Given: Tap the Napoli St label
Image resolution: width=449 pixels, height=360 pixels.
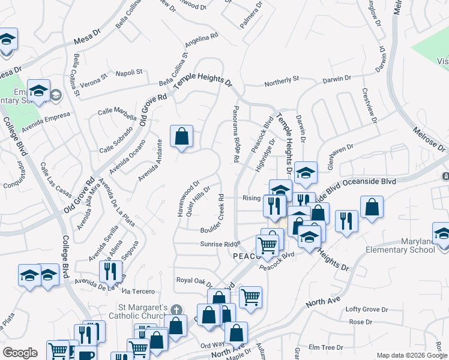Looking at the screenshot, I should tap(128, 72).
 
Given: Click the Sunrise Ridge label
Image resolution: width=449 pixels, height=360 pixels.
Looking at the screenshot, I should tap(220, 244).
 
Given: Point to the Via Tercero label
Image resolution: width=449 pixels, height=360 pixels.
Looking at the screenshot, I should tap(135, 290).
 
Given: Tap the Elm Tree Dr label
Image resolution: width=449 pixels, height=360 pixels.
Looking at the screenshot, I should tap(325, 347).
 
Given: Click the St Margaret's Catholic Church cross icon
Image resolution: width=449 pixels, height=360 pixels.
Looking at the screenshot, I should tap(175, 310).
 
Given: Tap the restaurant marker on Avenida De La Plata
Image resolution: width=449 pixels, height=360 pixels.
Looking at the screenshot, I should tap(111, 271).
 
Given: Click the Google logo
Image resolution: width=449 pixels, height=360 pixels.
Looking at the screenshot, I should tap(20, 353).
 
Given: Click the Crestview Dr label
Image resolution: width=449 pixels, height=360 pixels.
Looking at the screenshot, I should tap(369, 107).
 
